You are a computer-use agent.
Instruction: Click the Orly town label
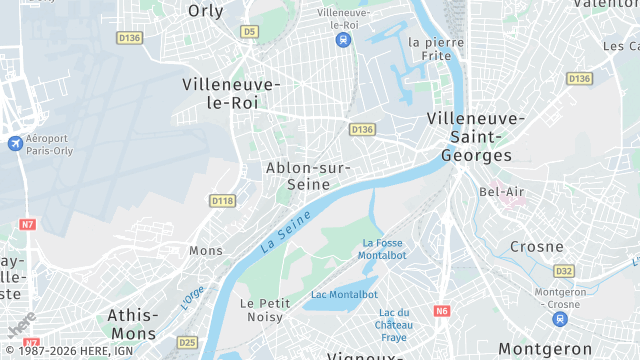click(206, 11)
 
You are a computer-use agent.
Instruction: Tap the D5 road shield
click(249, 32)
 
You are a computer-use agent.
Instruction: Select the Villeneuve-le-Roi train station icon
click(344, 41)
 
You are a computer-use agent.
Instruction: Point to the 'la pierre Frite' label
click(436, 49)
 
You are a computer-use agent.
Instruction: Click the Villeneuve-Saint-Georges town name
click(475, 137)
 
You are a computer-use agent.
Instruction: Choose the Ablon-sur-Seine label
click(307, 176)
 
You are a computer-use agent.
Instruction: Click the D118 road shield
click(222, 201)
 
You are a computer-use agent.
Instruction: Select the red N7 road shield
click(27, 225)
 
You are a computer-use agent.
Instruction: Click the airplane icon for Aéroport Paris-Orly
click(14, 144)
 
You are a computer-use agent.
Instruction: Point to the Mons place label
click(206, 250)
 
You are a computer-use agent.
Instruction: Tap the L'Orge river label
click(191, 295)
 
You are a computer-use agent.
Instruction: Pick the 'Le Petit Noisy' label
click(265, 310)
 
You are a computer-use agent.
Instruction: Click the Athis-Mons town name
click(132, 324)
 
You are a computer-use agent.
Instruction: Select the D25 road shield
click(187, 342)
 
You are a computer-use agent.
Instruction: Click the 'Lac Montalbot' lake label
click(344, 295)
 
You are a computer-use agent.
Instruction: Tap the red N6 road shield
click(442, 311)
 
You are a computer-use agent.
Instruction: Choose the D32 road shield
click(565, 271)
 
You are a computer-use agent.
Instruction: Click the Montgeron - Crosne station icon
click(559, 319)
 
